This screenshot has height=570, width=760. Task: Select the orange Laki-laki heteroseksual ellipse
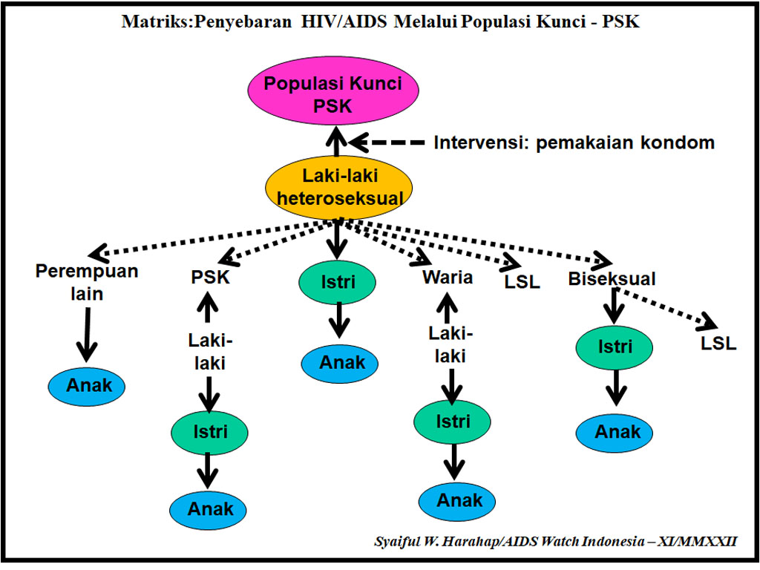pos(338,187)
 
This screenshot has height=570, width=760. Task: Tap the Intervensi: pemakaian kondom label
pos(574,142)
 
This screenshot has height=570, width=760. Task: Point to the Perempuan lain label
pos(87,282)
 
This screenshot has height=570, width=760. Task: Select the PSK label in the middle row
pos(210,278)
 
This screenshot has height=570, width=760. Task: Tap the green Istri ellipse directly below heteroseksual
pos(338,283)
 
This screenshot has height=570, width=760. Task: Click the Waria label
pos(448,278)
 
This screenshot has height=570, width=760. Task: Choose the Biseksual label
pos(612,279)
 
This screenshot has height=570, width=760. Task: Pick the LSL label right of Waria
pos(522,283)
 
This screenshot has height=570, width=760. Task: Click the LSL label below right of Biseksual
pos(718,344)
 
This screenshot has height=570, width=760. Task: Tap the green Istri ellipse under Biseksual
pos(615,347)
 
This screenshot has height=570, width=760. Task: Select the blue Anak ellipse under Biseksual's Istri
pos(615,431)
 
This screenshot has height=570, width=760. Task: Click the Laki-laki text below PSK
pos(210,352)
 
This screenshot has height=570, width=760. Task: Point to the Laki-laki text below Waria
pos(450,345)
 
